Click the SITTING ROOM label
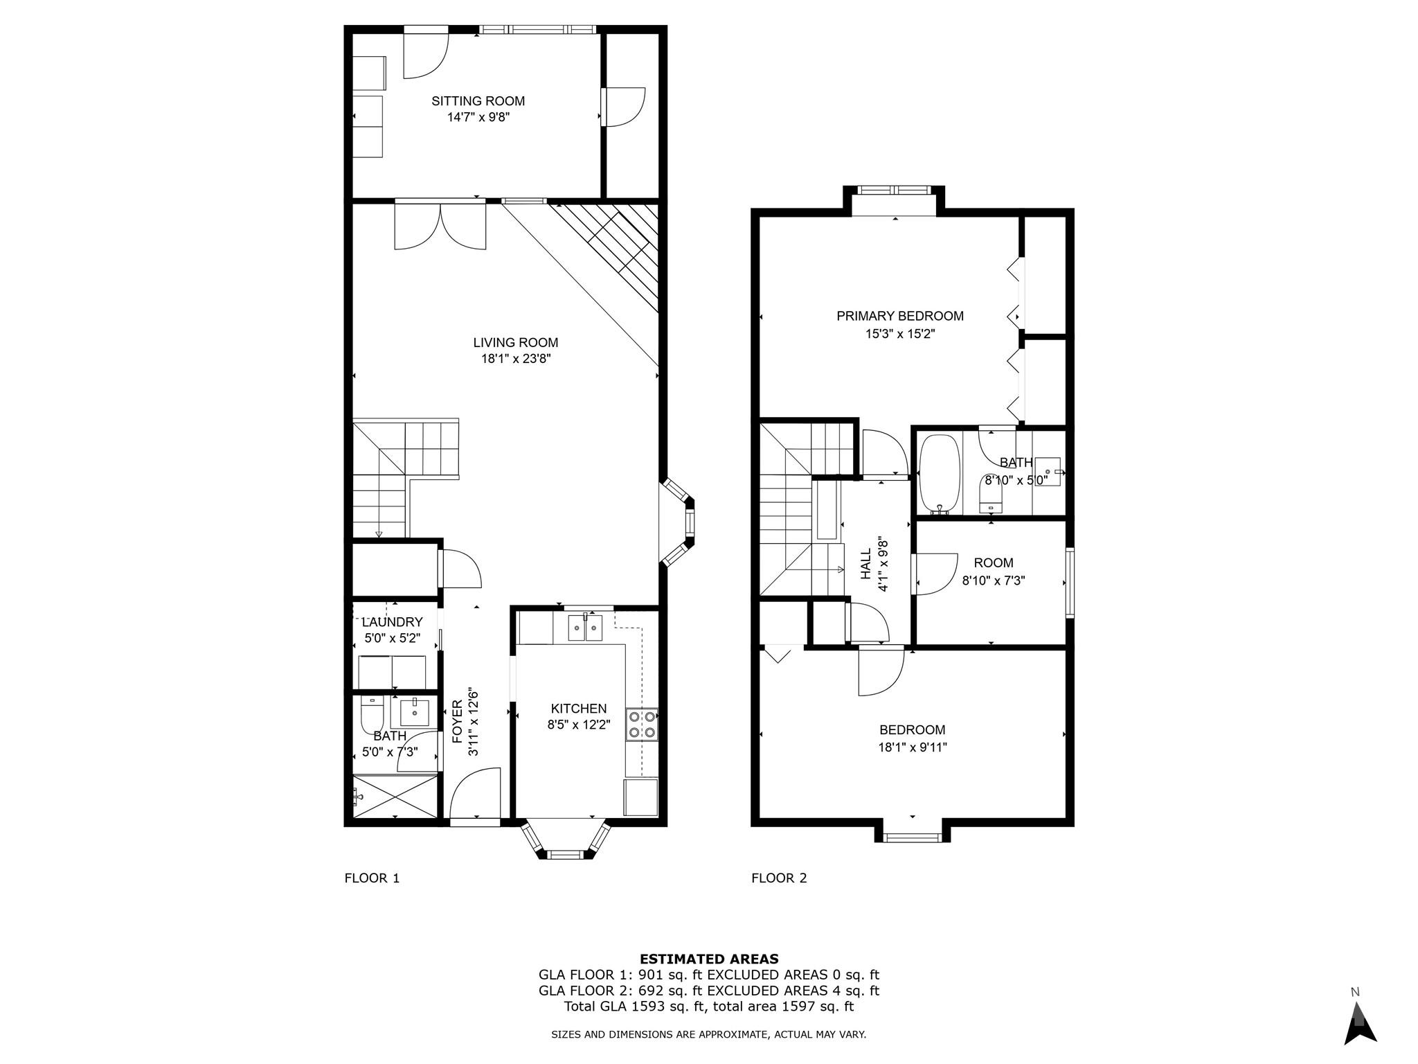coord(478,101)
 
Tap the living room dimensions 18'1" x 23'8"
coord(515,359)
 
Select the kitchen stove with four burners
coord(642,725)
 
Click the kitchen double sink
coord(585,628)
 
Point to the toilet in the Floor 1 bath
coord(372,715)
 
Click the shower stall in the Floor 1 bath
coord(395,797)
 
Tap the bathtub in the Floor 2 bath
coord(940,474)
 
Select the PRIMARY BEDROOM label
coord(899,317)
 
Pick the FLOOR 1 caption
coord(372,878)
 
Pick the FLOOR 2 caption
coord(779,878)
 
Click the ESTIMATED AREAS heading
coord(708,959)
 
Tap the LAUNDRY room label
coord(392,622)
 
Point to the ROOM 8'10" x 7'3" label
coord(993,571)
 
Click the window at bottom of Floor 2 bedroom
coord(912,837)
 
